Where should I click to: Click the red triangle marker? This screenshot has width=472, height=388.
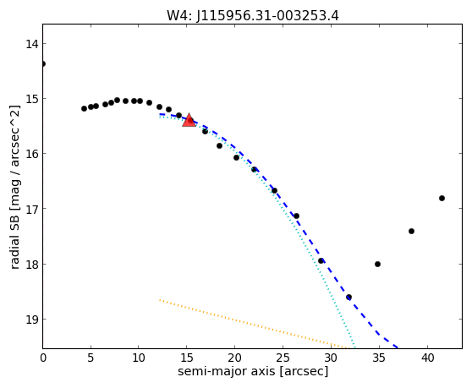[x=189, y=120]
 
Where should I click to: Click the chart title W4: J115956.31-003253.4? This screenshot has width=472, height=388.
[x=253, y=16]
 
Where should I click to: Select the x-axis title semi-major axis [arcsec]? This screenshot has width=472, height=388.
[x=253, y=371]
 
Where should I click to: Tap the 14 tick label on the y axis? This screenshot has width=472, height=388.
[x=32, y=44]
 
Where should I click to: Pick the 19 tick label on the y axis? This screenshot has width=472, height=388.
[x=32, y=320]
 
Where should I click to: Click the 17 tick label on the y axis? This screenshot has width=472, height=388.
[x=32, y=209]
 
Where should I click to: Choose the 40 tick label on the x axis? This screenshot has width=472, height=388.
[x=427, y=358]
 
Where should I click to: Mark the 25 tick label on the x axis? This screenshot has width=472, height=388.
[x=283, y=358]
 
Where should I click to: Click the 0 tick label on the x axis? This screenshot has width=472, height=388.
[x=43, y=358]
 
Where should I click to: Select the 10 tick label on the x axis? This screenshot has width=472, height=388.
[x=139, y=358]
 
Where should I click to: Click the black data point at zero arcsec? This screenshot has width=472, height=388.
[x=43, y=63]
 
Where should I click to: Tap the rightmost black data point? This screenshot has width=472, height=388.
[x=442, y=198]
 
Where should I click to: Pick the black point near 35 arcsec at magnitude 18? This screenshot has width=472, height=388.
[x=377, y=264]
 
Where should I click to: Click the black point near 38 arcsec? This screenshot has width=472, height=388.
[x=411, y=231]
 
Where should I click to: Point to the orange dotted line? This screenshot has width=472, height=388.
[x=253, y=325]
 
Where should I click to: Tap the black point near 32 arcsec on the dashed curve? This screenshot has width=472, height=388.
[x=349, y=298]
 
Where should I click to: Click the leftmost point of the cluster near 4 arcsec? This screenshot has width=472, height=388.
[x=85, y=108]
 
